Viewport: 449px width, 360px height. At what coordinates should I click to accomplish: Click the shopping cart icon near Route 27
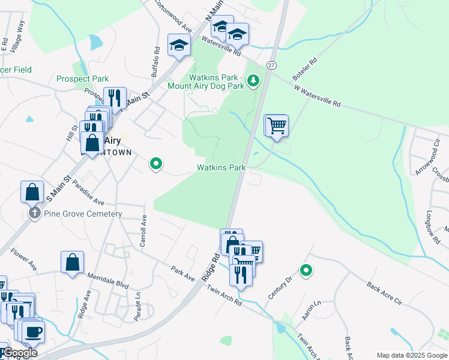click(x=276, y=126)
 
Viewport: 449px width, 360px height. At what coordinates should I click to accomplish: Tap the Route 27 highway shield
click(x=271, y=65)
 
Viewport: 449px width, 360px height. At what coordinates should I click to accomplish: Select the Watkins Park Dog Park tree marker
click(x=254, y=80)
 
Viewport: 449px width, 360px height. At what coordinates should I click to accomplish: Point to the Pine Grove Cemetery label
click(x=83, y=214)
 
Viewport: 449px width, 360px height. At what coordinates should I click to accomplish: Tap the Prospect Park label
click(x=83, y=79)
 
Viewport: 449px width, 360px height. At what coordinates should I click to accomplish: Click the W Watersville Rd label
click(x=317, y=96)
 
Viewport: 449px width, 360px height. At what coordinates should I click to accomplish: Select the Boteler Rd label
click(x=304, y=73)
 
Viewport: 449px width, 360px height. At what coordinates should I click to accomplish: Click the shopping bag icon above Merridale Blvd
click(x=72, y=262)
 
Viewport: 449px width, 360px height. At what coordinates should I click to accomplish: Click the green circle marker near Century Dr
click(x=306, y=271)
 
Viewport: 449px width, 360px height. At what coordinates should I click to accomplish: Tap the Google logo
click(x=19, y=353)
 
